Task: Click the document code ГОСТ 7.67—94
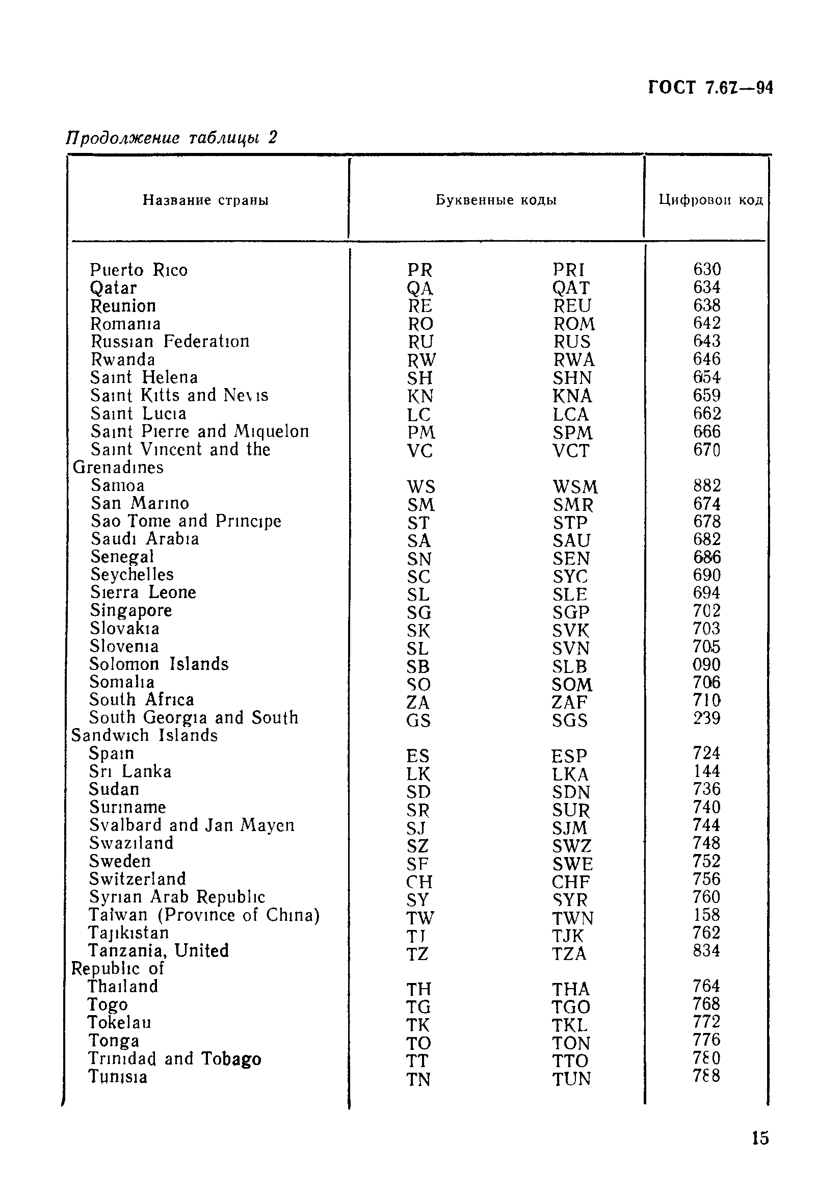pyautogui.click(x=710, y=88)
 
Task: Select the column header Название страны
pyautogui.click(x=206, y=200)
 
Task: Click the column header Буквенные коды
pyautogui.click(x=496, y=200)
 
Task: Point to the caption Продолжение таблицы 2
pyautogui.click(x=172, y=137)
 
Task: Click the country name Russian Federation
pyautogui.click(x=170, y=341)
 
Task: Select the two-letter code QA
pyautogui.click(x=420, y=288)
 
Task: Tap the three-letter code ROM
pyautogui.click(x=574, y=324)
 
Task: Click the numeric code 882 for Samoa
pyautogui.click(x=707, y=485)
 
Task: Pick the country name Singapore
pyautogui.click(x=131, y=610)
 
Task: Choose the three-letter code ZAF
pyautogui.click(x=570, y=702)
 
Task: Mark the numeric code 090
pyautogui.click(x=706, y=665)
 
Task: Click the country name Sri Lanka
pyautogui.click(x=130, y=771)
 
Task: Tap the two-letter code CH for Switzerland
pyautogui.click(x=419, y=882)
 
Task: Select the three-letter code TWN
pyautogui.click(x=573, y=918)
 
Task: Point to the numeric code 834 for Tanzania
pyautogui.click(x=706, y=951)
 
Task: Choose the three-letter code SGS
pyautogui.click(x=570, y=720)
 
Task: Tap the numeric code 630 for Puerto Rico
pyautogui.click(x=707, y=269)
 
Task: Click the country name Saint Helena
pyautogui.click(x=144, y=377)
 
